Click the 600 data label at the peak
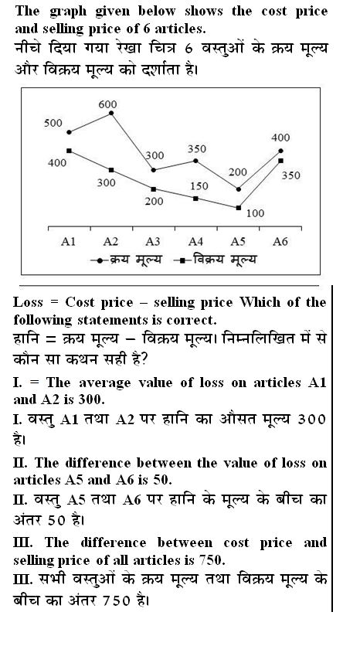(x=109, y=104)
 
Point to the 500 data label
(x=53, y=123)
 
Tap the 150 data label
(x=199, y=186)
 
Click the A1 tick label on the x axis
(x=68, y=242)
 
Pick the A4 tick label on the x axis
(x=195, y=242)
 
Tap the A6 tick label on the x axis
(x=280, y=242)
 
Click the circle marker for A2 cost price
(x=111, y=114)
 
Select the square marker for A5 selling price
(x=238, y=207)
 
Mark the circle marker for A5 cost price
(x=238, y=189)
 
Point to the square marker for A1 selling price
(x=70, y=151)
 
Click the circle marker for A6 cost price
(x=280, y=151)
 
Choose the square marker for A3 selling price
(x=153, y=189)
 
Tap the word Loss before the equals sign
(x=29, y=301)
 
